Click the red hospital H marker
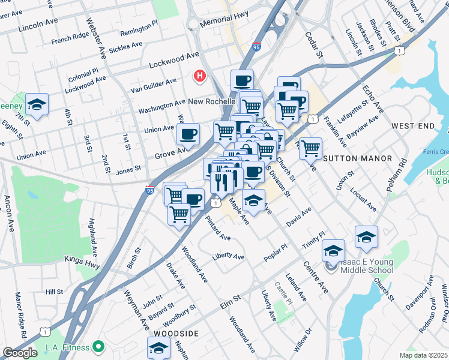coord(199,76)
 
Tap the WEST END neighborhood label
coord(412,126)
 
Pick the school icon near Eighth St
coord(37,105)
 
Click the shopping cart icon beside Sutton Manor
coord(310,148)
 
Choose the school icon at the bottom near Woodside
coord(158,347)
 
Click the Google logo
coord(20,353)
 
